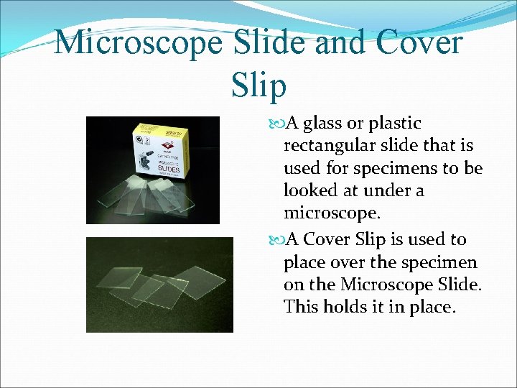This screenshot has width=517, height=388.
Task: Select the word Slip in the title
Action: pos(258,85)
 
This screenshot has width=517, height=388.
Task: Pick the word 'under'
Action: pos(384,191)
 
